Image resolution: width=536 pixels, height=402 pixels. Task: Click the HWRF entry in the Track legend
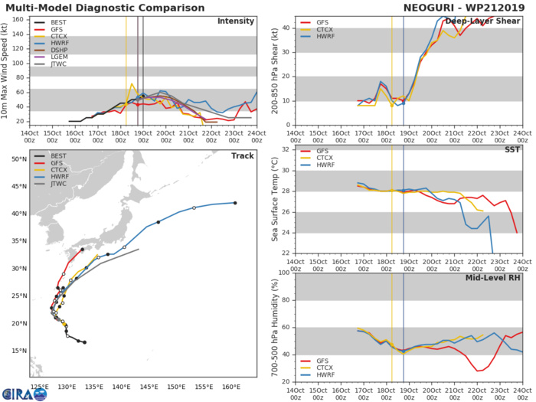coord(57,189)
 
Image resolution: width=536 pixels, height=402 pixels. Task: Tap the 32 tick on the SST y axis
coord(284,149)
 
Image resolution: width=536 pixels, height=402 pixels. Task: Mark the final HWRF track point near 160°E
coord(235,203)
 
